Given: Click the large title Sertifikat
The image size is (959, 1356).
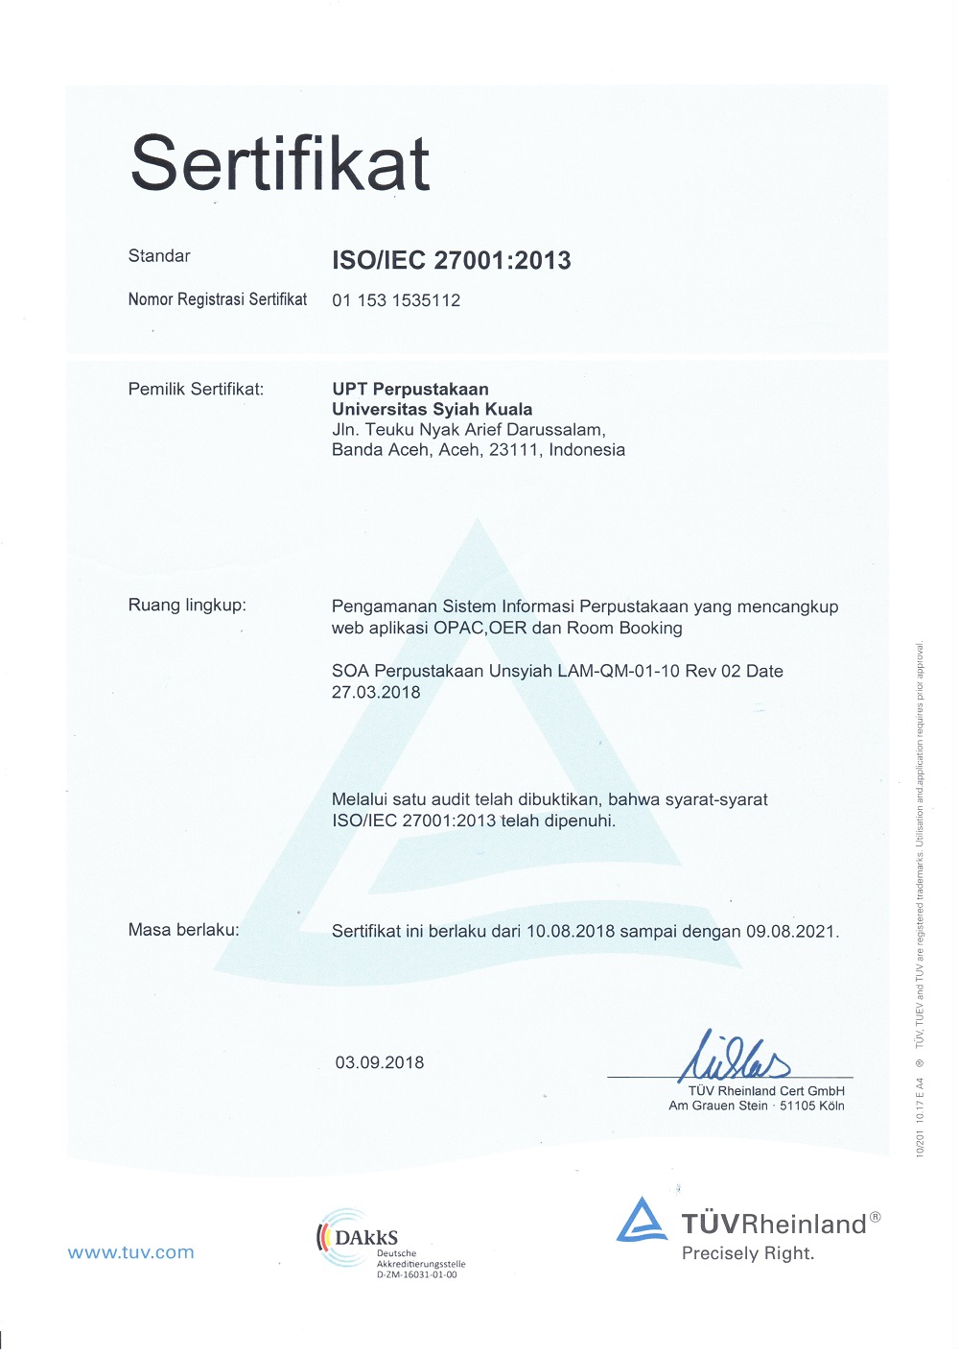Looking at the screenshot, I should (x=280, y=163).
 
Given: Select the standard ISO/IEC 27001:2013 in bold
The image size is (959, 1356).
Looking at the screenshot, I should (x=451, y=260).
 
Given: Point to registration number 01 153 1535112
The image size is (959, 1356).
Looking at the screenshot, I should (x=396, y=300).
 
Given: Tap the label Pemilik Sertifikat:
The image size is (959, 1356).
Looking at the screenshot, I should (x=196, y=389).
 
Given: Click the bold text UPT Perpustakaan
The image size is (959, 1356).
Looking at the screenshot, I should (x=410, y=389).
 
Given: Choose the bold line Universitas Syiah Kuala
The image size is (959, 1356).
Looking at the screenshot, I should (x=432, y=410).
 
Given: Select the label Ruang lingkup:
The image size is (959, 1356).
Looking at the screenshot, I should (x=187, y=605).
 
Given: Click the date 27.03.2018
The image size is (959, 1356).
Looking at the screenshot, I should (x=376, y=692).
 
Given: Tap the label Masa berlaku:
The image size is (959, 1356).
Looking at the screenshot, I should (x=183, y=929).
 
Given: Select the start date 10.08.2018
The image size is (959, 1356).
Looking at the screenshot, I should (x=571, y=931).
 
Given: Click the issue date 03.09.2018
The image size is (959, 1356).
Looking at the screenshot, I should (x=380, y=1062).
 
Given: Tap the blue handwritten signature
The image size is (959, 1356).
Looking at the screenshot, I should (x=734, y=1059).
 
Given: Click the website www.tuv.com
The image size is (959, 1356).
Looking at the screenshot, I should (x=130, y=1252).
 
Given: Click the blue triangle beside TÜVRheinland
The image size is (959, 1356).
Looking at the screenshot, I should (x=641, y=1220).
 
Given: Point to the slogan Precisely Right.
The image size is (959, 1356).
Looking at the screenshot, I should (x=747, y=1253).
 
